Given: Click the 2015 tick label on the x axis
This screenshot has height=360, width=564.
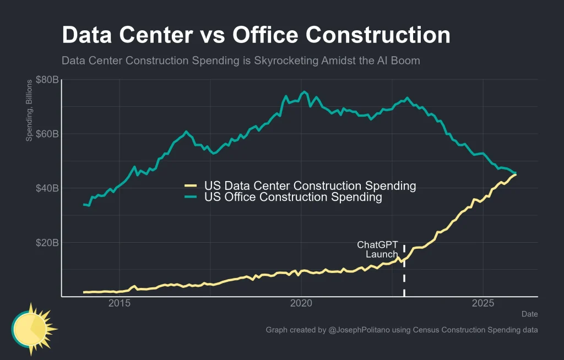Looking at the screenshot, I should (x=120, y=304).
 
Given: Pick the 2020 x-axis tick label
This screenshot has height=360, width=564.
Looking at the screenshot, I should (x=301, y=304).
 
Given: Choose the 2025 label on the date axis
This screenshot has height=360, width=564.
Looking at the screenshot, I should (x=483, y=304).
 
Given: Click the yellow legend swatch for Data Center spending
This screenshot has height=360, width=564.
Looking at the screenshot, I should (x=191, y=186).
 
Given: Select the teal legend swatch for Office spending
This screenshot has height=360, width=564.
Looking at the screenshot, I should (x=191, y=197).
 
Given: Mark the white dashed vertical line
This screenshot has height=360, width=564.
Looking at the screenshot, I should (x=404, y=275).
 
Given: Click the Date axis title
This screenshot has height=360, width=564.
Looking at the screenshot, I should (x=530, y=314).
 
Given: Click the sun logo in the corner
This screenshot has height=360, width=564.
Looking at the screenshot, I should (x=33, y=329).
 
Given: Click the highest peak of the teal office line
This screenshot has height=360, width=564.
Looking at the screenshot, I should (x=305, y=92).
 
